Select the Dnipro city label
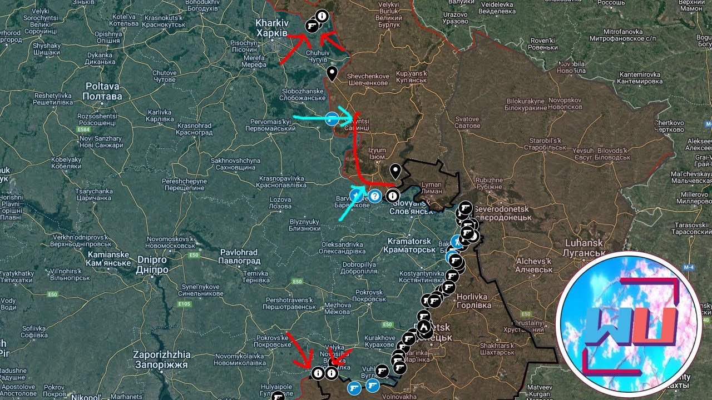151,264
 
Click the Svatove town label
467,122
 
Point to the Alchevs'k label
533,265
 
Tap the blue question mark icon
375,196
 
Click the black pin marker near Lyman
395,171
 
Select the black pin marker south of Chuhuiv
332,73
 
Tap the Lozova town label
280,203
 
